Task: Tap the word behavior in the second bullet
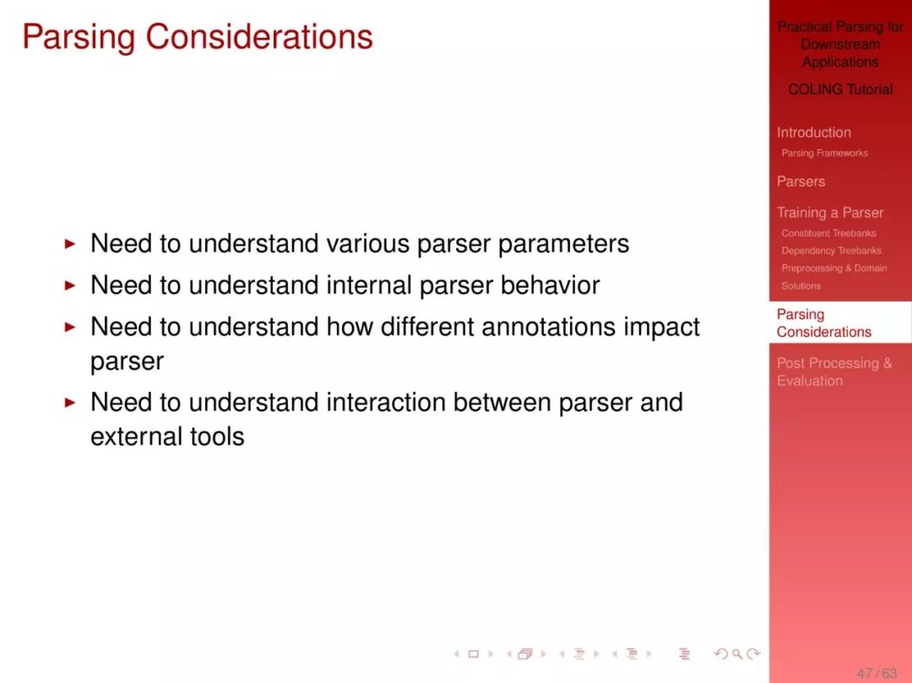[550, 285]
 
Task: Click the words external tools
[167, 436]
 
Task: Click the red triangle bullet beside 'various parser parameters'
[70, 243]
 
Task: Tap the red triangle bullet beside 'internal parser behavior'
[70, 285]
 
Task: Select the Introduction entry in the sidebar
[814, 133]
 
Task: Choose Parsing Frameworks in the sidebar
[824, 153]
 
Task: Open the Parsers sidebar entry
[801, 182]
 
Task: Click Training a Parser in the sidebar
[830, 213]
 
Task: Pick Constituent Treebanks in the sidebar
[828, 233]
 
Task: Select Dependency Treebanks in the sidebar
[831, 251]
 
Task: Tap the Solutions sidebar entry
[801, 286]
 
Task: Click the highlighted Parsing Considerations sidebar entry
[823, 323]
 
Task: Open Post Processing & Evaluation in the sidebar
[834, 372]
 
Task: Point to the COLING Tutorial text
[840, 89]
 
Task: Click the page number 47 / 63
[877, 673]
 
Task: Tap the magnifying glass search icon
[737, 654]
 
